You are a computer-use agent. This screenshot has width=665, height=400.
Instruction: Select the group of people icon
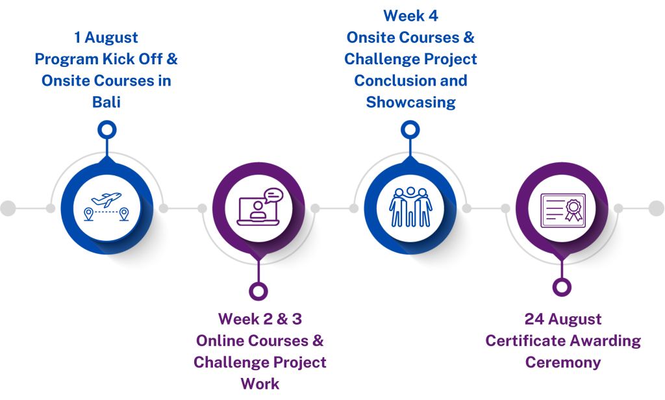[410, 207]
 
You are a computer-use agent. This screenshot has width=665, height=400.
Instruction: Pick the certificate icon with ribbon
[562, 210]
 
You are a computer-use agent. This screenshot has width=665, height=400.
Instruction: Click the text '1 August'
[106, 38]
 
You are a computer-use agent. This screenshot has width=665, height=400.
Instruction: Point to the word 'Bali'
[106, 103]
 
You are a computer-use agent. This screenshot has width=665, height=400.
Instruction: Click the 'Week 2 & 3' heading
[260, 319]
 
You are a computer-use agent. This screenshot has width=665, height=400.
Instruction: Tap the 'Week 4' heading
[410, 16]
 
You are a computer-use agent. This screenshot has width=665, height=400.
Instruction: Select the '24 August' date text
[563, 319]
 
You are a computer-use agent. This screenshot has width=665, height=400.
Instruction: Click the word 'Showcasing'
[410, 102]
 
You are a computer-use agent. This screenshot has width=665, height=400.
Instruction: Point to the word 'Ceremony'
[563, 362]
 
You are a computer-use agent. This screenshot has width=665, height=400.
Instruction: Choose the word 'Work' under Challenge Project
[260, 383]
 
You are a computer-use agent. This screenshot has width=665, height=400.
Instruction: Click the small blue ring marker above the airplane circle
[107, 129]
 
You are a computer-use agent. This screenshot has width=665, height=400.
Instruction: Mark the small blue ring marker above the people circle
[410, 129]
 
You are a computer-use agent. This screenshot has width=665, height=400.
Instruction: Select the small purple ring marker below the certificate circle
[562, 286]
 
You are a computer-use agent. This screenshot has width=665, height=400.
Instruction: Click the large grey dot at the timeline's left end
[8, 208]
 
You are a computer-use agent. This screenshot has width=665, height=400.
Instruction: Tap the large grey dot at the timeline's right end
[657, 208]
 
